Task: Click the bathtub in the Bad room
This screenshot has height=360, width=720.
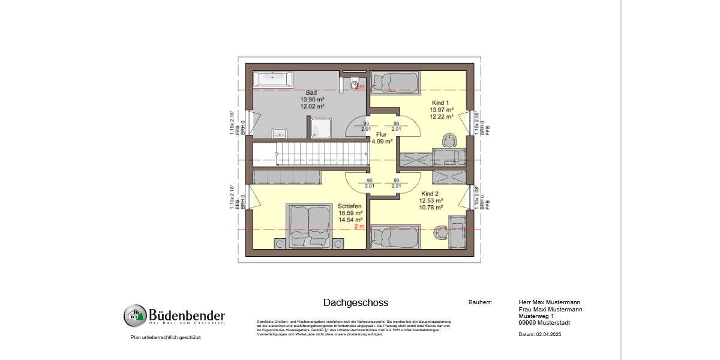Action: [x=273, y=77]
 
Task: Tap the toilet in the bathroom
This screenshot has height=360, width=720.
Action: [x=355, y=83]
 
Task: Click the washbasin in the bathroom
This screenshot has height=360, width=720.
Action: [x=280, y=132]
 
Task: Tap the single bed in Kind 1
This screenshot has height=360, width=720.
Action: [x=394, y=82]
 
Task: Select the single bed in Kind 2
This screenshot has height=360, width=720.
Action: [x=394, y=236]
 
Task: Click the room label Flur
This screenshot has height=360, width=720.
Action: [x=381, y=135]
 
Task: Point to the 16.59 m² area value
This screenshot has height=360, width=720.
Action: [x=351, y=213]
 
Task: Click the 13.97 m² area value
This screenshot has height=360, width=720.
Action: [x=441, y=110]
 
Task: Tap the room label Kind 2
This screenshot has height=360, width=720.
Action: [x=431, y=194]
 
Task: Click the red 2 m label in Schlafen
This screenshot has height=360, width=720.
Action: [x=359, y=227]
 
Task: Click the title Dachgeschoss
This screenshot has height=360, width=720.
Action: [x=355, y=303]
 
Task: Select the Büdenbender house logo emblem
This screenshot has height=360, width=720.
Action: [x=135, y=316]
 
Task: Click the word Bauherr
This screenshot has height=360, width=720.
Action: [x=479, y=302]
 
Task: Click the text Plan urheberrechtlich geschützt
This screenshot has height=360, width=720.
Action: [x=165, y=338]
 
